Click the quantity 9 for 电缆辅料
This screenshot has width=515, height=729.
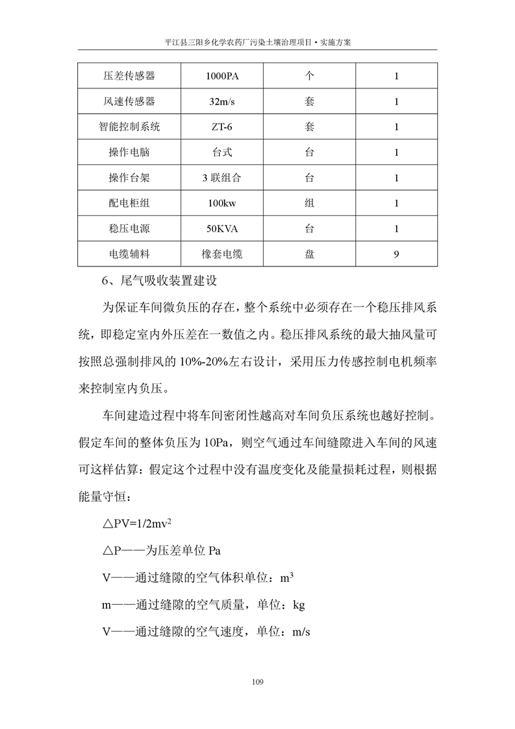[396, 254]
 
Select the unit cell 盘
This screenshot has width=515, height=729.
[309, 254]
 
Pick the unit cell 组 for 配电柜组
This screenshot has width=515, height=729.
[309, 203]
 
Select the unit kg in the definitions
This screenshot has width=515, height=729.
[299, 604]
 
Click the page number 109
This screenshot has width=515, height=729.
[257, 682]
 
